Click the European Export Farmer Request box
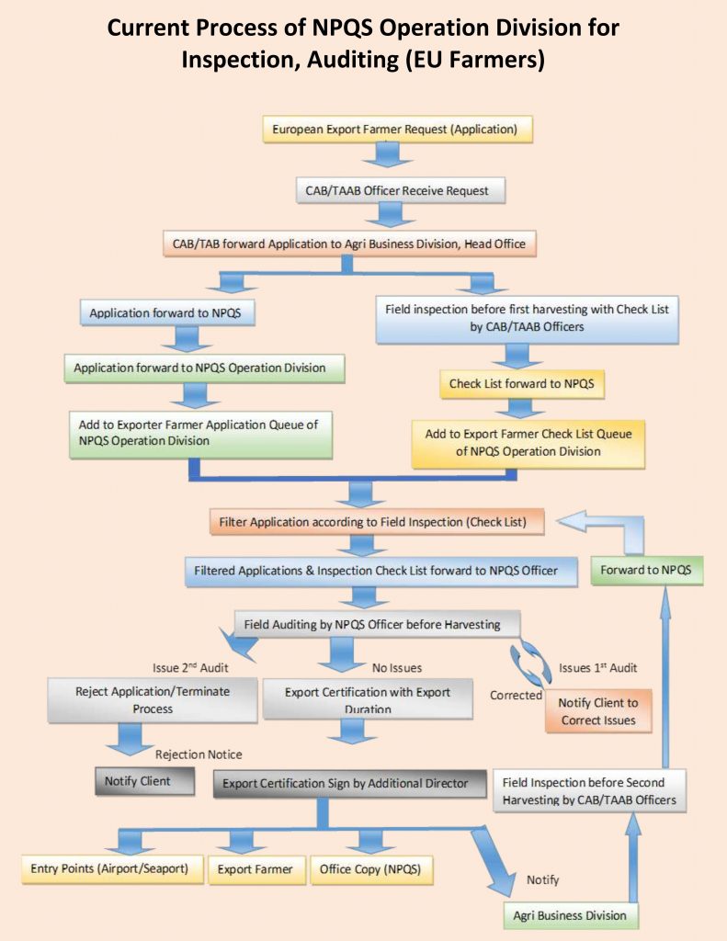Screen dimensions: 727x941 click(397, 130)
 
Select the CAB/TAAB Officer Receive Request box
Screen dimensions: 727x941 click(401, 191)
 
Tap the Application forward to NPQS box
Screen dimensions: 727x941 click(167, 312)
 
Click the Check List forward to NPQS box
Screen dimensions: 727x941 click(522, 384)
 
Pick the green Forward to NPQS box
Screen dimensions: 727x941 click(646, 570)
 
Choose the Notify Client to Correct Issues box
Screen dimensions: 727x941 click(598, 711)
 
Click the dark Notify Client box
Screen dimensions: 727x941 click(144, 781)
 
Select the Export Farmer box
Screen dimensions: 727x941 click(256, 869)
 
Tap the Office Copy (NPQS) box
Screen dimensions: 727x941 click(371, 869)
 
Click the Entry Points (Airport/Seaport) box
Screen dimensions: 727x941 click(109, 869)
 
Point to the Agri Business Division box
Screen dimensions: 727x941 click(571, 916)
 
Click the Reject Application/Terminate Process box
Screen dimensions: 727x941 click(153, 699)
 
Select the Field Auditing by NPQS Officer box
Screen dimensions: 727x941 click(377, 624)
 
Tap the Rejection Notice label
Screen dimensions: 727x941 click(199, 754)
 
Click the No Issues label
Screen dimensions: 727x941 click(397, 668)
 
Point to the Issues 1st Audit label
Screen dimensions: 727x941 click(598, 668)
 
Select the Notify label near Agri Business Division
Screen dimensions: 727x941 click(542, 879)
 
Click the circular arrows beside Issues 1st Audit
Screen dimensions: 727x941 click(529, 663)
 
